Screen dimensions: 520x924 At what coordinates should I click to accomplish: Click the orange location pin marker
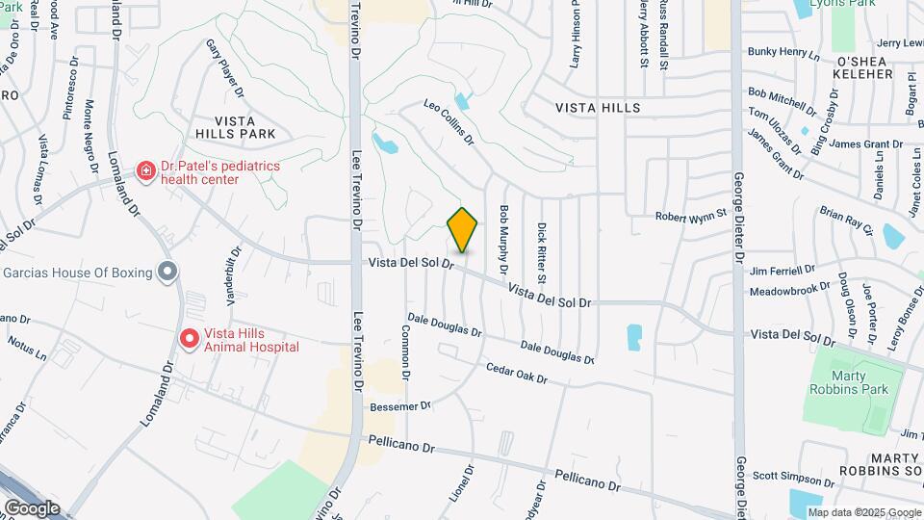click(463, 229)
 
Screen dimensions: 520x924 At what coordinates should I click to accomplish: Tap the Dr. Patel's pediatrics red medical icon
click(145, 171)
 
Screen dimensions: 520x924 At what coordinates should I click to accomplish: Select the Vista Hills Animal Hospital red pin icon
click(190, 340)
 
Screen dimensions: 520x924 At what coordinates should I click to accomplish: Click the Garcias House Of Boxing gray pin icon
click(167, 273)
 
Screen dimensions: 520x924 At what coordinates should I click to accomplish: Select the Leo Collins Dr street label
click(450, 121)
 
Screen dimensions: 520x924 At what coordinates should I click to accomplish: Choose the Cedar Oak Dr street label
click(517, 373)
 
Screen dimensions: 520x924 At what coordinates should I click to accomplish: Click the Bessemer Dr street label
click(399, 406)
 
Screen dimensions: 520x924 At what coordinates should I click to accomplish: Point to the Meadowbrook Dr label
click(789, 288)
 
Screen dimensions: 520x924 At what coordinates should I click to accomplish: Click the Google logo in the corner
click(32, 507)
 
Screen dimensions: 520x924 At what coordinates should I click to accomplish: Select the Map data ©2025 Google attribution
click(862, 512)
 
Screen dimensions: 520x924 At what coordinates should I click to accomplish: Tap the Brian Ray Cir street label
click(846, 221)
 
